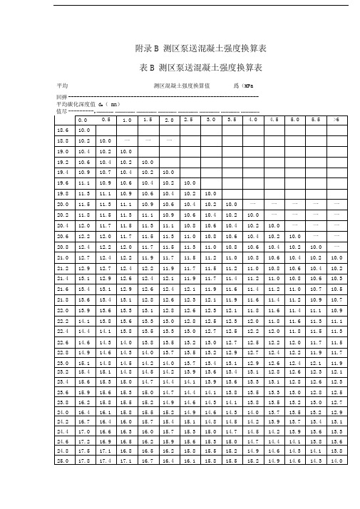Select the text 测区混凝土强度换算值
coord(181,86)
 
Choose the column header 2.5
coord(189,120)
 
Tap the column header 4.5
coord(273,120)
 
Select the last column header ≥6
coord(336,120)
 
